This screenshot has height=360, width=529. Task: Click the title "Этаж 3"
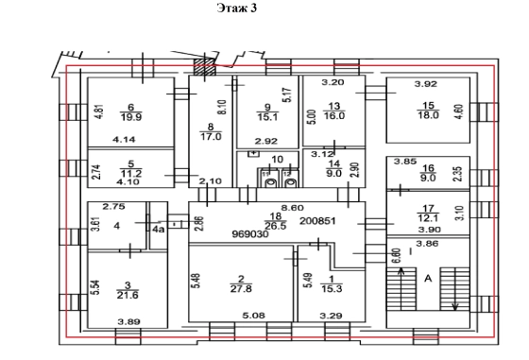tap(237, 8)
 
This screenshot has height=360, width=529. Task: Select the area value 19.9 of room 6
tap(131, 117)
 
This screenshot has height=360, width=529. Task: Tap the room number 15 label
tap(428, 106)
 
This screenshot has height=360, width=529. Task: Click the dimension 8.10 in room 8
tap(222, 107)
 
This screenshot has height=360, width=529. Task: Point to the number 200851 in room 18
tap(317, 221)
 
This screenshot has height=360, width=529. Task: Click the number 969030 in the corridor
tap(250, 233)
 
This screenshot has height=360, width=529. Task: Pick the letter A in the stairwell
tap(428, 279)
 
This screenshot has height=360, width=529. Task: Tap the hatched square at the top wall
tap(204, 67)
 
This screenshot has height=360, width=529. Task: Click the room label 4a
tap(159, 230)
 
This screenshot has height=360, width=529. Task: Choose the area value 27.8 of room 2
tap(241, 289)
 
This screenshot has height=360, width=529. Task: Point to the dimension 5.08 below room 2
tap(254, 316)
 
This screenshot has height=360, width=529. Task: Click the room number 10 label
tap(278, 159)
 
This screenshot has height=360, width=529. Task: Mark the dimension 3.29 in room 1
tap(331, 316)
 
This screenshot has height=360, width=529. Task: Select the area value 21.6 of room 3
tap(128, 295)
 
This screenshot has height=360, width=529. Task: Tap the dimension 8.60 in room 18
tap(293, 208)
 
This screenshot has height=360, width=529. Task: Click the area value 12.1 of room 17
tap(428, 218)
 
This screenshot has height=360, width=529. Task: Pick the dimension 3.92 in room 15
tap(426, 84)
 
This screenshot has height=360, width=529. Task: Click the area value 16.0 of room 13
tap(334, 115)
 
